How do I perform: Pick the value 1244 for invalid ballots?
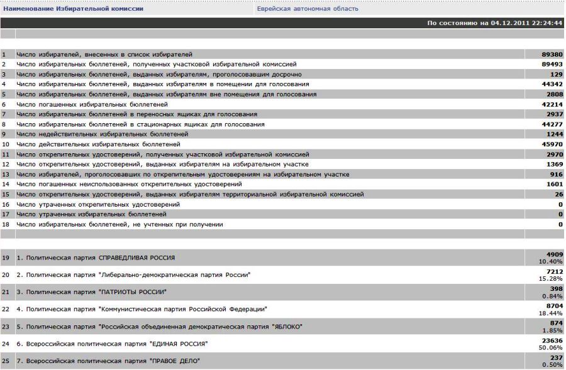tap(554, 134)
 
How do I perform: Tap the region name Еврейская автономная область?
tap(308, 9)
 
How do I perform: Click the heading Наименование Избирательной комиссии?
tap(74, 9)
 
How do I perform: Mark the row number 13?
tap(4, 175)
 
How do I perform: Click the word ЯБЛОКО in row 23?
tap(287, 327)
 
